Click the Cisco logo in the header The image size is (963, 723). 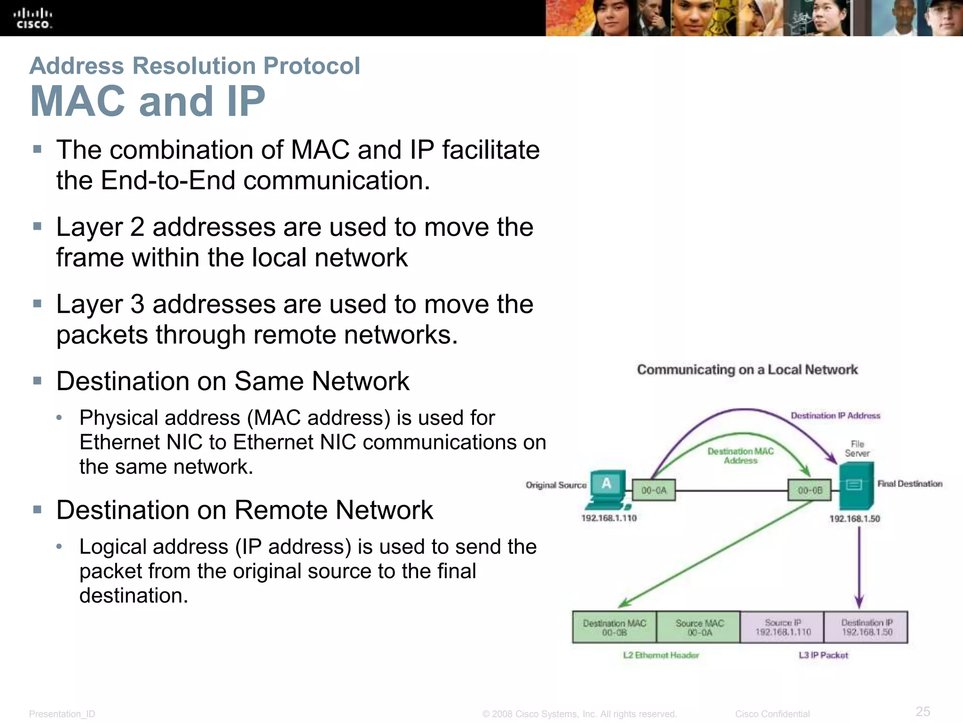[32, 18]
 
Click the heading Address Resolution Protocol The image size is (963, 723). [195, 65]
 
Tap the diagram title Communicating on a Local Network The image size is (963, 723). [747, 370]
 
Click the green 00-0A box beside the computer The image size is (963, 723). [654, 490]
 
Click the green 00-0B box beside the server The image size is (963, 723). [810, 490]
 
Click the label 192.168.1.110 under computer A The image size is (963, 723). [609, 518]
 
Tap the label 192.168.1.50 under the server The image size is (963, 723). [854, 518]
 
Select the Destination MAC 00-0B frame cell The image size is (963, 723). [614, 627]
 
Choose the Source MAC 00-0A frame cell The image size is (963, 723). [699, 627]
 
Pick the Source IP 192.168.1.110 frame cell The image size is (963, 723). [783, 627]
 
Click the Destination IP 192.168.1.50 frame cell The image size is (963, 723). [867, 627]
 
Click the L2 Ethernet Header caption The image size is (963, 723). [661, 655]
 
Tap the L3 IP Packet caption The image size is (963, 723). [823, 655]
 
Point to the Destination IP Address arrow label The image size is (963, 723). [835, 416]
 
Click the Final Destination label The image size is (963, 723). [909, 483]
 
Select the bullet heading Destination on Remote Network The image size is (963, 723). [245, 510]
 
